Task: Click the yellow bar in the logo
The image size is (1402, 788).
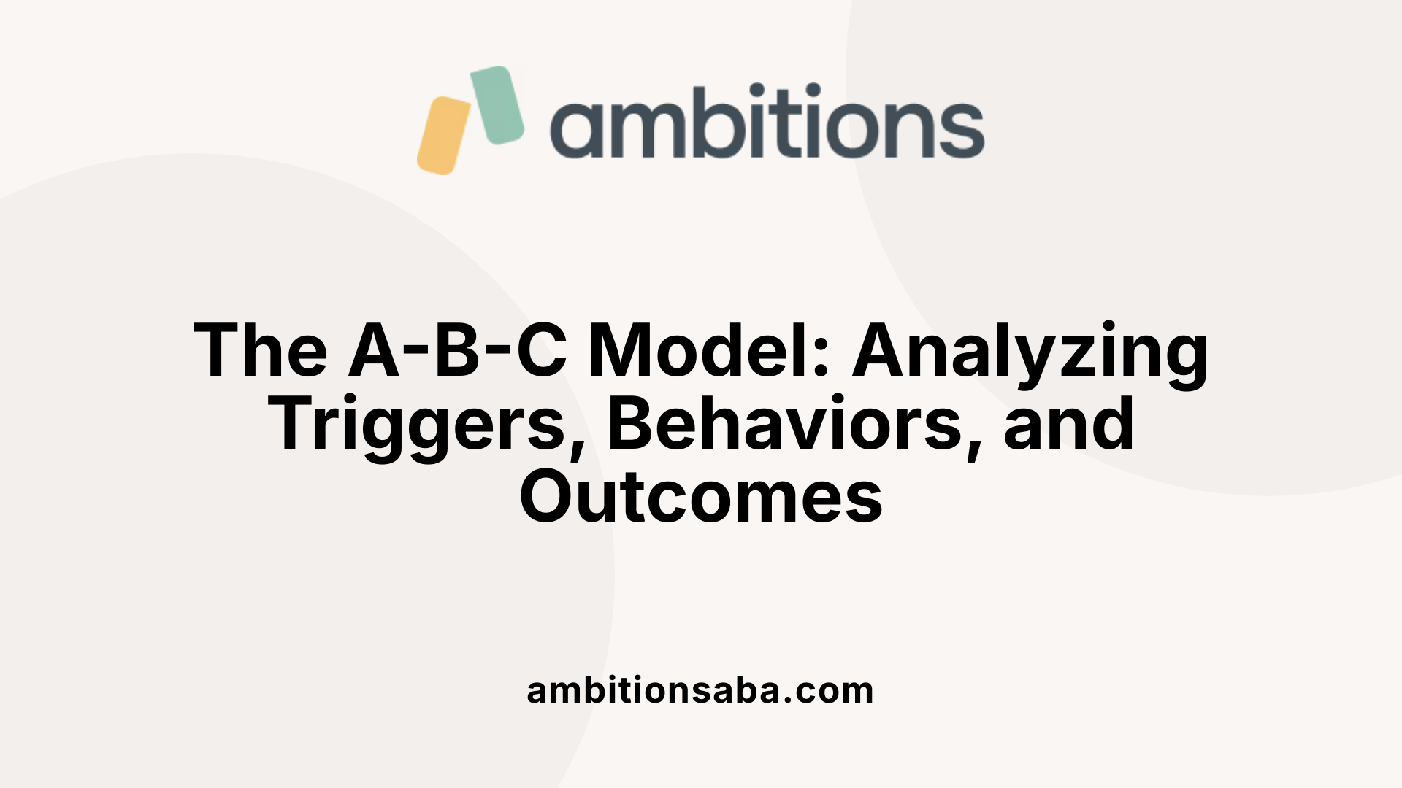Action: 443,136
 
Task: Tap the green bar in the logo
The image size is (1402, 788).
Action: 497,105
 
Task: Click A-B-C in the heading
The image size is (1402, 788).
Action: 458,351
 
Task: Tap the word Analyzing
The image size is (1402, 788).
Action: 1030,351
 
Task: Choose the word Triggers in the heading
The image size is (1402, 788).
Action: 417,425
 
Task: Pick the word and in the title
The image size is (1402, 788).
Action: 1069,425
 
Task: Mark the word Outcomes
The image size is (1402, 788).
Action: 701,498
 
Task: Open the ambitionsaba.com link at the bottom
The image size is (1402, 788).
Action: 700,690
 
